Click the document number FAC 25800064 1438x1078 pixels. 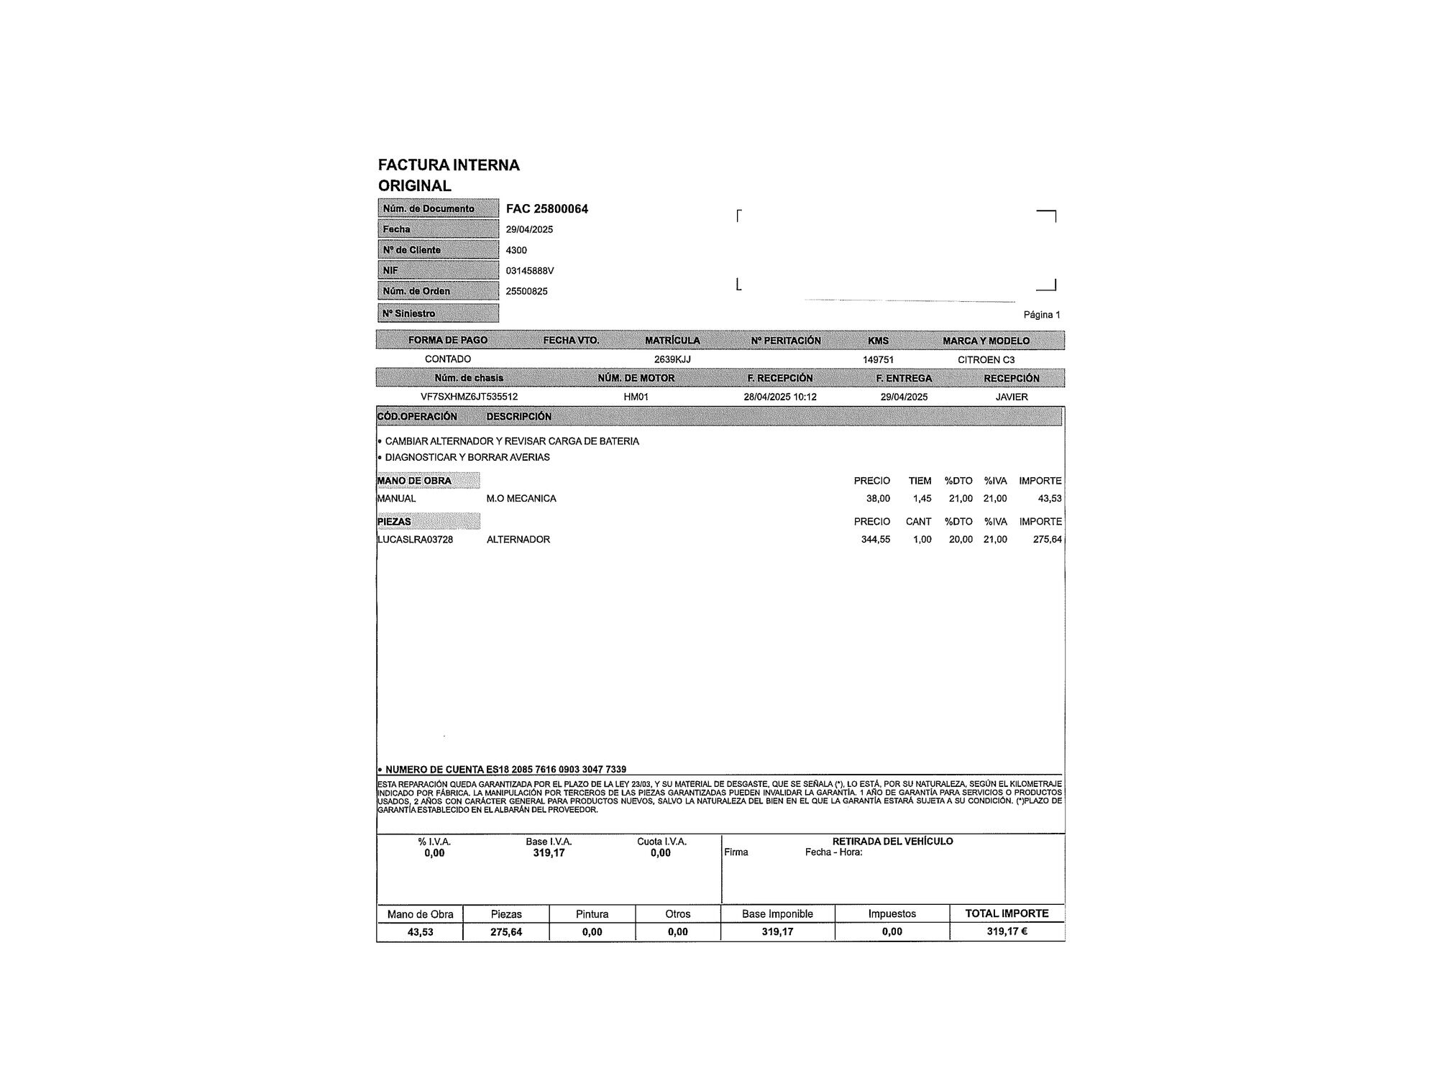coord(546,209)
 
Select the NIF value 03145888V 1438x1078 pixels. coord(530,271)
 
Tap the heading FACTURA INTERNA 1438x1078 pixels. coord(449,165)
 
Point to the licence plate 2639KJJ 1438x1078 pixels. coord(672,359)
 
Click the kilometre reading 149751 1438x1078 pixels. coord(878,359)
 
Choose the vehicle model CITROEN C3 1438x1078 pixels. coord(986,359)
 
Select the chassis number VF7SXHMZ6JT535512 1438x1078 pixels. coord(469,397)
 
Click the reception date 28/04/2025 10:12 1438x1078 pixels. coord(779,397)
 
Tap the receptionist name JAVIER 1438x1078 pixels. coord(1011,397)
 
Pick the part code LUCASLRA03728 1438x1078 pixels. coord(415,540)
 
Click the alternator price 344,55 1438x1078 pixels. coord(875,540)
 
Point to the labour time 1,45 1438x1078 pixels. coord(922,499)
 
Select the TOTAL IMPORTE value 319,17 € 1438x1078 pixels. coord(1007,931)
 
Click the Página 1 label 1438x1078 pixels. coord(1041,315)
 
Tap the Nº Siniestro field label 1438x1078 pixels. coord(408,313)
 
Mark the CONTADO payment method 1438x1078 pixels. coord(447,359)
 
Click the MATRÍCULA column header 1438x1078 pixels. coord(672,341)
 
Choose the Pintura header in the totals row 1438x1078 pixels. coord(592,914)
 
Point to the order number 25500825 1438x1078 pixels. coord(526,291)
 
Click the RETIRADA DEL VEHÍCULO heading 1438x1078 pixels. coord(892,841)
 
